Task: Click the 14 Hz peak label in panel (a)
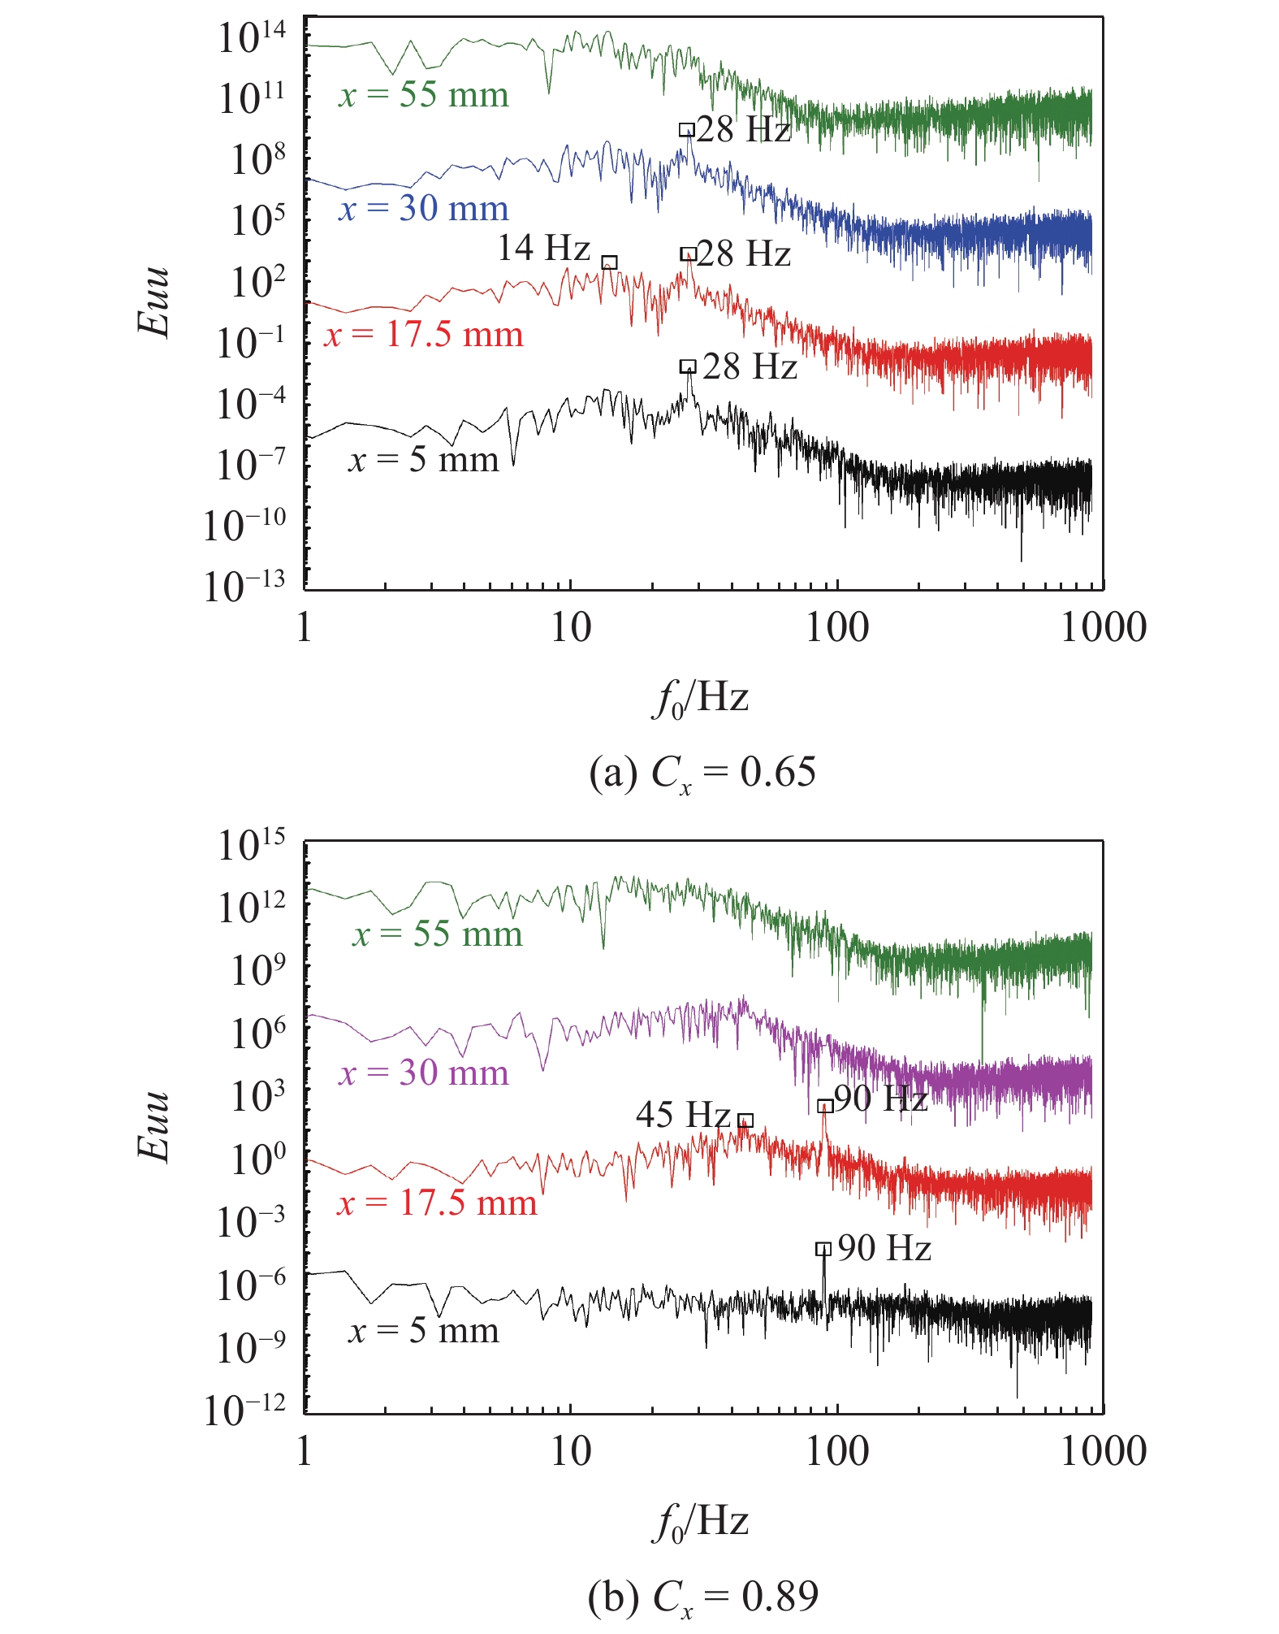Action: click(x=543, y=248)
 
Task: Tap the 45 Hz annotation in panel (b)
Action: click(x=683, y=1114)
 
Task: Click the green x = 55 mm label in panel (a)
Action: click(x=424, y=95)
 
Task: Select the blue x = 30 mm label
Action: click(x=424, y=209)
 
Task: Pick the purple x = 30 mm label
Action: click(x=424, y=1073)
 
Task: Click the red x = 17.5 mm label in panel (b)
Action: click(x=438, y=1203)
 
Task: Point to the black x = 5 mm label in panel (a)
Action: click(x=424, y=460)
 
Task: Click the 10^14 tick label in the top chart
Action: click(x=252, y=37)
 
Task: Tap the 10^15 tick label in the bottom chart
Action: click(x=252, y=845)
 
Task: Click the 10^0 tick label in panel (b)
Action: click(x=258, y=1158)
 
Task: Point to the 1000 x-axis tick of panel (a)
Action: click(x=1104, y=628)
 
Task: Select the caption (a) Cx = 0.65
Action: click(x=702, y=773)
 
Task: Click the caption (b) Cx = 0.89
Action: click(x=702, y=1597)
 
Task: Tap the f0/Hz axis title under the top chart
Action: click(x=700, y=698)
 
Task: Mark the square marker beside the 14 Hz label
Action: click(x=609, y=262)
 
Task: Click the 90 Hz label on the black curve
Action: click(x=884, y=1248)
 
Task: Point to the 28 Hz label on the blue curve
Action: click(x=743, y=130)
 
